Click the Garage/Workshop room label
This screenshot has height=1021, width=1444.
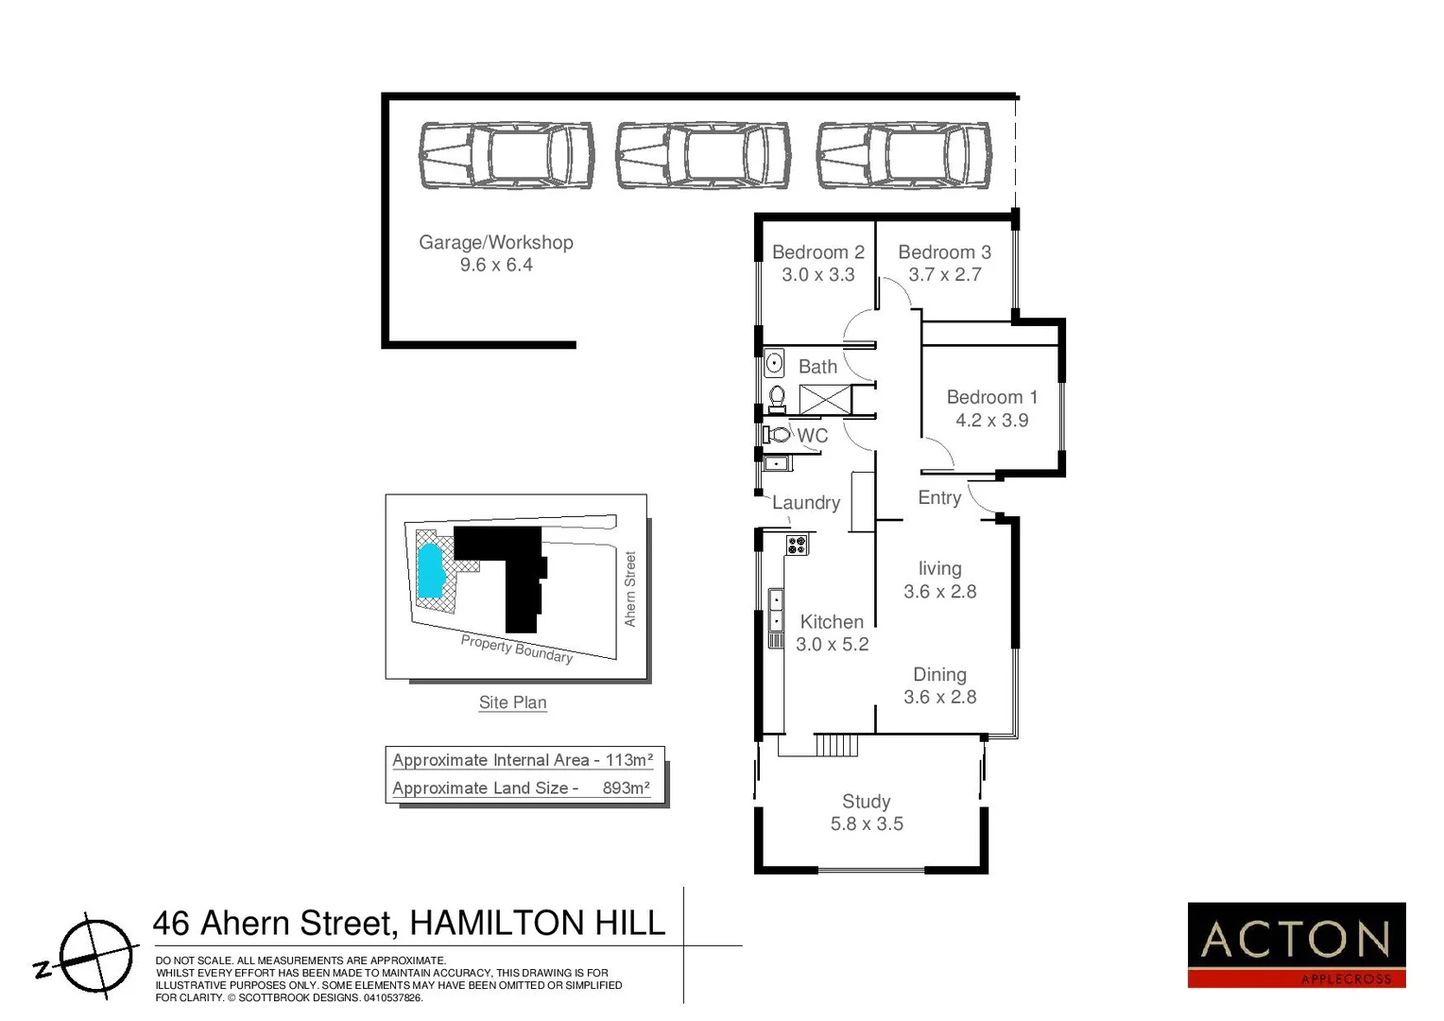[x=496, y=242]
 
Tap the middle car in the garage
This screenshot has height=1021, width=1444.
[x=703, y=155]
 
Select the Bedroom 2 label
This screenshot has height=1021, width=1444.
[x=817, y=252]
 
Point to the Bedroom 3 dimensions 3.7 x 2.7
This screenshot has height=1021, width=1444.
[x=944, y=275]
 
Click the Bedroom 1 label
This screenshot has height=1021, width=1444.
[x=991, y=397]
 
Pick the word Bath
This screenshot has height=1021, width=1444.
[x=817, y=367]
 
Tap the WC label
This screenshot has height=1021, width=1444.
[x=812, y=436]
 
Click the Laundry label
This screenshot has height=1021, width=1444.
[x=806, y=503]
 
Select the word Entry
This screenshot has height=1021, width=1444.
[x=939, y=498]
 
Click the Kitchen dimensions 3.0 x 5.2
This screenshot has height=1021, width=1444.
[x=832, y=645]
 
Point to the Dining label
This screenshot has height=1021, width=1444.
[x=939, y=675]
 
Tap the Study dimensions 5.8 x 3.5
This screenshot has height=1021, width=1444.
[x=867, y=824]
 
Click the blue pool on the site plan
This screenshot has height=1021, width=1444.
[x=431, y=569]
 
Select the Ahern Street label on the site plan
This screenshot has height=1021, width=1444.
[x=630, y=588]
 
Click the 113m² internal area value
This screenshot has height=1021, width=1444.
[x=628, y=760]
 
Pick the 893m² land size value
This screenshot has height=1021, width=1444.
[x=626, y=788]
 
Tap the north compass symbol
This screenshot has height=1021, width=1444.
[x=93, y=956]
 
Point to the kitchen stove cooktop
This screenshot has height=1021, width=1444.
[x=797, y=545]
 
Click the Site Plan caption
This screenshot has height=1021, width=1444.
[x=512, y=702]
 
